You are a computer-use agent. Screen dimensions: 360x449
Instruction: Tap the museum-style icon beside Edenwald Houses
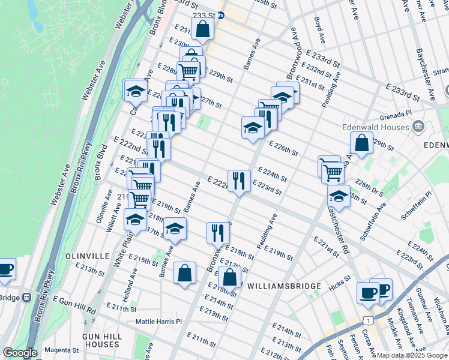pos(418,127)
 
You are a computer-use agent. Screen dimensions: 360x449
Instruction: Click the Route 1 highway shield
pos(366,322)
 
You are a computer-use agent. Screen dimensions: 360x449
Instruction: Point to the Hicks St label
pos(339,280)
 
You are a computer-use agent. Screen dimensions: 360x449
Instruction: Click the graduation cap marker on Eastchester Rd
pos(339,196)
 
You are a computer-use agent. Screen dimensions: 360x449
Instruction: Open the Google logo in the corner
pos(20,353)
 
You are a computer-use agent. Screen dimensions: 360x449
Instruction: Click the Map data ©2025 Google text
pos(412,355)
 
